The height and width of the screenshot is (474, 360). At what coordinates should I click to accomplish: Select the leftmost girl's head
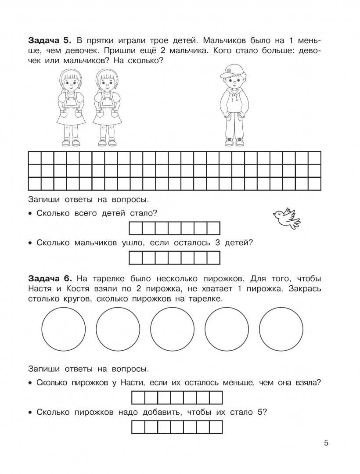pos(69,81)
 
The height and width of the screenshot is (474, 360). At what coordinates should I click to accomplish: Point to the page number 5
pos(326,442)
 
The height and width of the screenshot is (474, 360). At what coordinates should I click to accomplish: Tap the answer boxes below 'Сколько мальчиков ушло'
pos(174,257)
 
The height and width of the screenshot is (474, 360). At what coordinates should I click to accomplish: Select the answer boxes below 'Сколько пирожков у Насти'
pos(177,398)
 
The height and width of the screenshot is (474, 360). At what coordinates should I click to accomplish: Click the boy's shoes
pos(234,141)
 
